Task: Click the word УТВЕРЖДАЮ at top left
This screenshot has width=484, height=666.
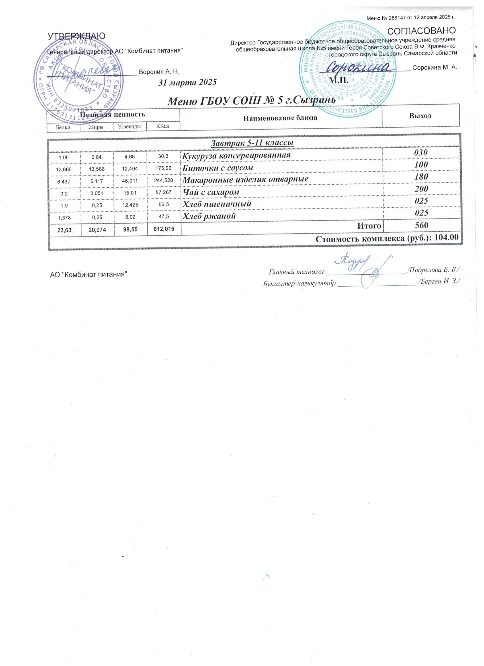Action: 76,36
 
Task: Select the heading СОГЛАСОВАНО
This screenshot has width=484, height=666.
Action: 421,30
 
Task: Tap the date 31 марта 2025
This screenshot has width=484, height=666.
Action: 187,83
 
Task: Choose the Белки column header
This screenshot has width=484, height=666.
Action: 63,127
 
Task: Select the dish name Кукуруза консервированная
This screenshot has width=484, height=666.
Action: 236,155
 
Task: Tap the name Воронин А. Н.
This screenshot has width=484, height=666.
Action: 159,72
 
